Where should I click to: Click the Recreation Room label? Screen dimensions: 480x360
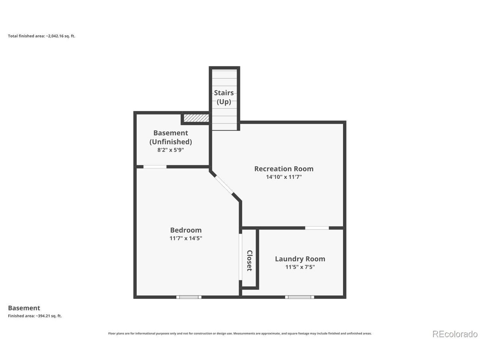point(283,168)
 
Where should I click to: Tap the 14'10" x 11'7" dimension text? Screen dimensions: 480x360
point(283,177)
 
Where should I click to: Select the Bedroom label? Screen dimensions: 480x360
point(186,230)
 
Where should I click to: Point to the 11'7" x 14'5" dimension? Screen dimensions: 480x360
point(186,238)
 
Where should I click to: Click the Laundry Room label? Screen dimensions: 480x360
point(300,259)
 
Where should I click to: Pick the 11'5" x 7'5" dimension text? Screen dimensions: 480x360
point(300,267)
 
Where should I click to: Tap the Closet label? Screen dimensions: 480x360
point(249,261)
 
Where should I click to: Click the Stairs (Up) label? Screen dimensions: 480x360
point(224,97)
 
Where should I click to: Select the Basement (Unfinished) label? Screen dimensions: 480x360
point(171,137)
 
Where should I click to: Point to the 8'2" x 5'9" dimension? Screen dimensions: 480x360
point(171,150)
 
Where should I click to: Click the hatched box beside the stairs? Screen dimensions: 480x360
point(196,118)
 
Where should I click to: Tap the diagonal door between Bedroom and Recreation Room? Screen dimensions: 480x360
point(224,185)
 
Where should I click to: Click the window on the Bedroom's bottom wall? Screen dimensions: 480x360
point(189,297)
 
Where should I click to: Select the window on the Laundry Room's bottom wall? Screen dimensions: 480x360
point(299,297)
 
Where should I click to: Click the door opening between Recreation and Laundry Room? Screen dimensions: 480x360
point(317,228)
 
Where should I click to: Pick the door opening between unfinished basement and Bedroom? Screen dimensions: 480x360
point(155,167)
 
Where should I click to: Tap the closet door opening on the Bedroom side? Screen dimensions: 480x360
point(240,257)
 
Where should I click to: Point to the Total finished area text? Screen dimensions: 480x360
point(42,36)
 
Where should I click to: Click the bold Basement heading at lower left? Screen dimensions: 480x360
point(24,308)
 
